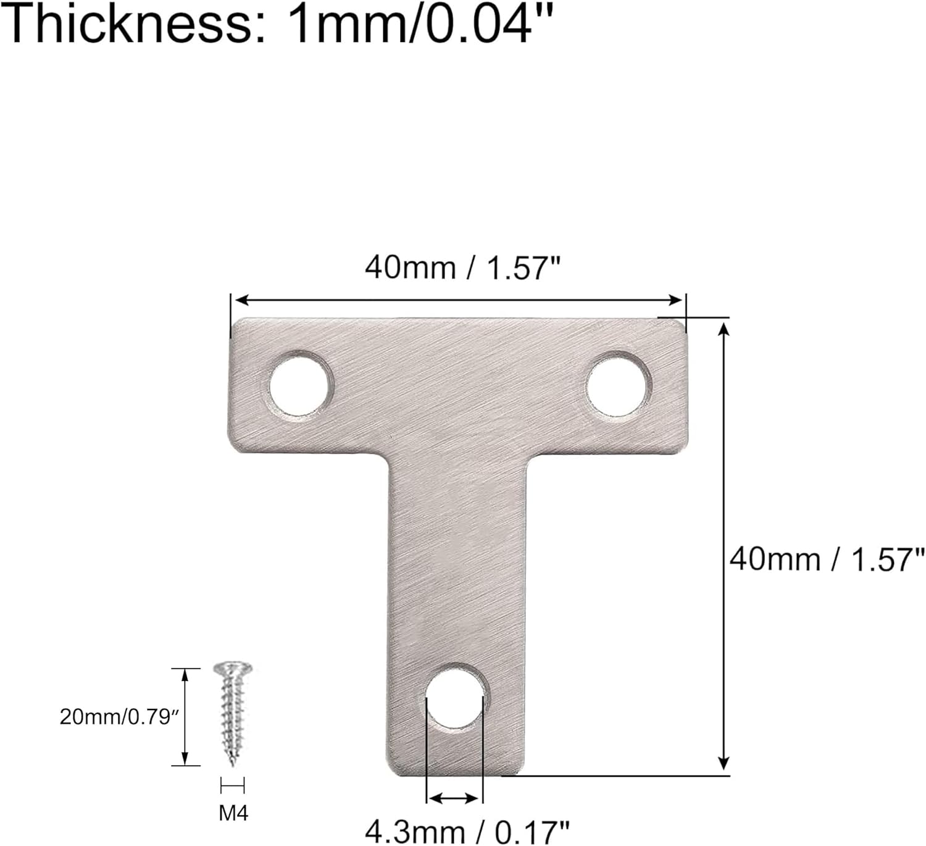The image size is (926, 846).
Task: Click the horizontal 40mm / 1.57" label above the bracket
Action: click(462, 268)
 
